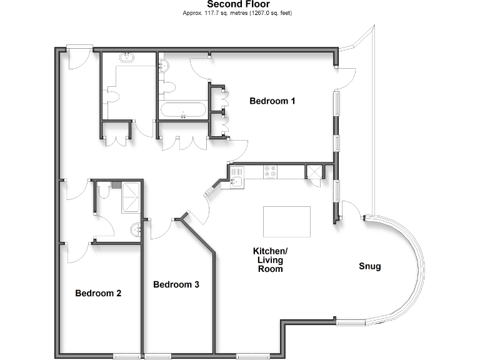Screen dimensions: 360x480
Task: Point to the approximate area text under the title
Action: coord(237,12)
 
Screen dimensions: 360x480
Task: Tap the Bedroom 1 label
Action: coord(272,101)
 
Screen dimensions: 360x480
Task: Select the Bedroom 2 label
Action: coord(98,292)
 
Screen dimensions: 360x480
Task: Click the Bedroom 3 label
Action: coord(176,284)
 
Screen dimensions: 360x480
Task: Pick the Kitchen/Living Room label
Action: coord(267,259)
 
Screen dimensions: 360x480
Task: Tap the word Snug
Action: coord(369,266)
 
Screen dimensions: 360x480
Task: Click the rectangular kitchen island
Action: coord(287,221)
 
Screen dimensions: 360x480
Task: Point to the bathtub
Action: coord(182,111)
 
